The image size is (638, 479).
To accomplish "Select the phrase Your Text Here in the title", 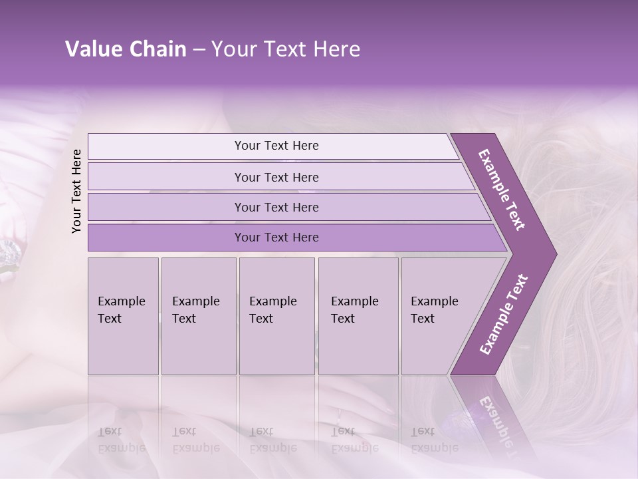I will click(286, 49).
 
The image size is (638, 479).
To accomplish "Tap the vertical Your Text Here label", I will click(76, 191).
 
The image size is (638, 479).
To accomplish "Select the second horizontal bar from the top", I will click(276, 177).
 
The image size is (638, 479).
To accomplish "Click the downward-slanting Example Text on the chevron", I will click(502, 190).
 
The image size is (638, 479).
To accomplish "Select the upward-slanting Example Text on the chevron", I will click(503, 314).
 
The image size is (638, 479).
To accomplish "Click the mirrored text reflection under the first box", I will click(122, 439).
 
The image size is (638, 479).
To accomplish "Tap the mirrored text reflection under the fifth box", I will click(434, 439).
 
